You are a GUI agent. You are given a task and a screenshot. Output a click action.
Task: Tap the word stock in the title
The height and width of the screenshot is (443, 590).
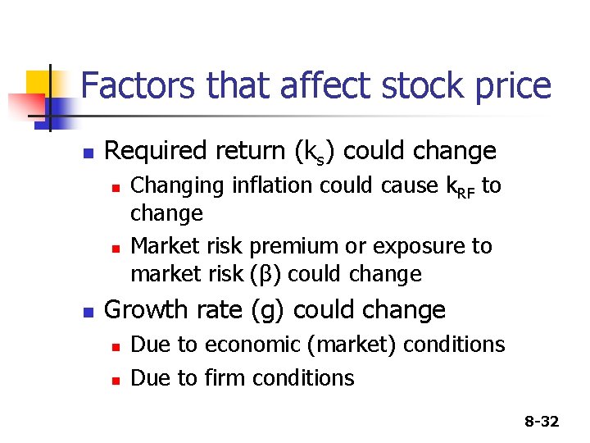pyautogui.click(x=404, y=85)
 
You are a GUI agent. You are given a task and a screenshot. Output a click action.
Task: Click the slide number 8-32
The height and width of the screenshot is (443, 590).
pyautogui.click(x=542, y=422)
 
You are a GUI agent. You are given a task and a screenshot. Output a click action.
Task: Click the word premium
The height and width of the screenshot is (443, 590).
pyautogui.click(x=296, y=247)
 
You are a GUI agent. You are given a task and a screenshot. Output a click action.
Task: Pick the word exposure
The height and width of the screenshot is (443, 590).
pyautogui.click(x=414, y=247)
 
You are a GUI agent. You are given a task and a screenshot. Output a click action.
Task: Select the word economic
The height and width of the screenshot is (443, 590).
pyautogui.click(x=255, y=345)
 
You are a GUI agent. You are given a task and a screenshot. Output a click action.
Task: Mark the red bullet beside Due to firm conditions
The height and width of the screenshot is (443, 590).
pyautogui.click(x=116, y=380)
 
